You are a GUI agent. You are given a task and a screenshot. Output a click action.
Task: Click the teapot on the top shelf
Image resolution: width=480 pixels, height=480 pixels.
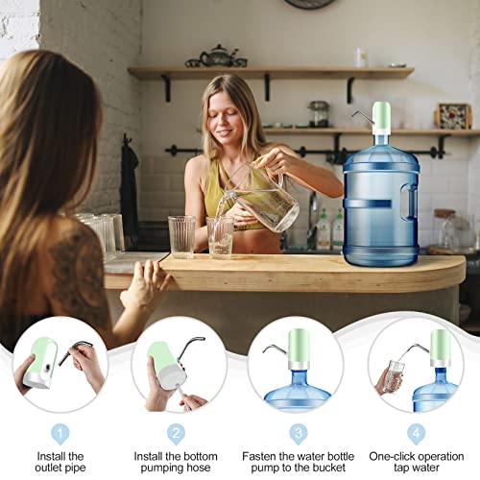[220, 56]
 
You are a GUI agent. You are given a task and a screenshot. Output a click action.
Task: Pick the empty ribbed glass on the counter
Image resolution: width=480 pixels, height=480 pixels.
[181, 236]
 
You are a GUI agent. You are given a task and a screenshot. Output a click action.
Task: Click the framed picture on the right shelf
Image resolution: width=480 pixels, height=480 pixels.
[452, 116]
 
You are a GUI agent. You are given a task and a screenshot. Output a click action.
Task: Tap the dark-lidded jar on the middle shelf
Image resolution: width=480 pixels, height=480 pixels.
[319, 113]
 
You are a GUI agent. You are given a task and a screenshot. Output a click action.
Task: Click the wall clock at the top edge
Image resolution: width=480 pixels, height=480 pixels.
[310, 4]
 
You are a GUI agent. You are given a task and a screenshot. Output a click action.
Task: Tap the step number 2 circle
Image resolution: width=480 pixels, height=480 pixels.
[176, 432]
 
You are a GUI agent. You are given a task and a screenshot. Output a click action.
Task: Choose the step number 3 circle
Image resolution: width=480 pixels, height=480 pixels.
[299, 432]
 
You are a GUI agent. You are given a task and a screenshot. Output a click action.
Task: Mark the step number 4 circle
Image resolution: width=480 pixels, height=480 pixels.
[416, 432]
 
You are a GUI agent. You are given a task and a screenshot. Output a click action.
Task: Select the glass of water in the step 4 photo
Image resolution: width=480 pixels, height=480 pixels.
[392, 377]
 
